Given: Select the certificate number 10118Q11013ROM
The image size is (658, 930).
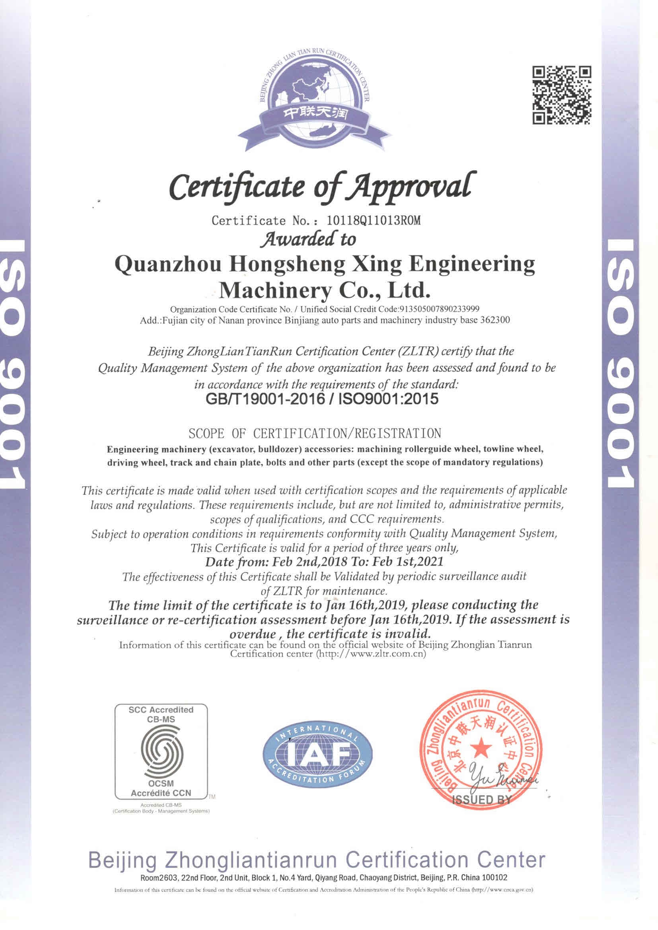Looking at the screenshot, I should pyautogui.click(x=371, y=221).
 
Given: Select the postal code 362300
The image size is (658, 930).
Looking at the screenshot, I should pyautogui.click(x=497, y=320).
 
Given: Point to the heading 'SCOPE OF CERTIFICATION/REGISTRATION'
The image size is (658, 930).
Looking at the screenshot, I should pyautogui.click(x=315, y=434).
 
